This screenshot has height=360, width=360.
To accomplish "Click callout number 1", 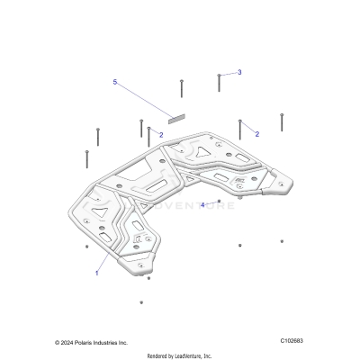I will point(97,272).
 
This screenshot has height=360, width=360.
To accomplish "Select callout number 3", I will point(239,72).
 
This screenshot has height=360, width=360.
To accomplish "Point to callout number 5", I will point(115,82).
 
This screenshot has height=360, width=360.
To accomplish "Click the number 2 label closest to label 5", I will point(161,134).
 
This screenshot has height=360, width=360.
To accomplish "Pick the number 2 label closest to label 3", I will point(256,134).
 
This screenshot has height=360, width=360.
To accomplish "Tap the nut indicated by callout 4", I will point(219,201).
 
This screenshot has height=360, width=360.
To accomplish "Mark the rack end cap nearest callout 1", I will point(146,262).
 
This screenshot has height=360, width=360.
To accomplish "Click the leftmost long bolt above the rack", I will point(85,159).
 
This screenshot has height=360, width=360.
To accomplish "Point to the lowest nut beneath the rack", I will point(141,302).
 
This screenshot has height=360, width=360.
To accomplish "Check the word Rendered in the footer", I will point(158,355).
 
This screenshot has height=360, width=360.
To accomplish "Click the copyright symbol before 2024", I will point(58,343).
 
